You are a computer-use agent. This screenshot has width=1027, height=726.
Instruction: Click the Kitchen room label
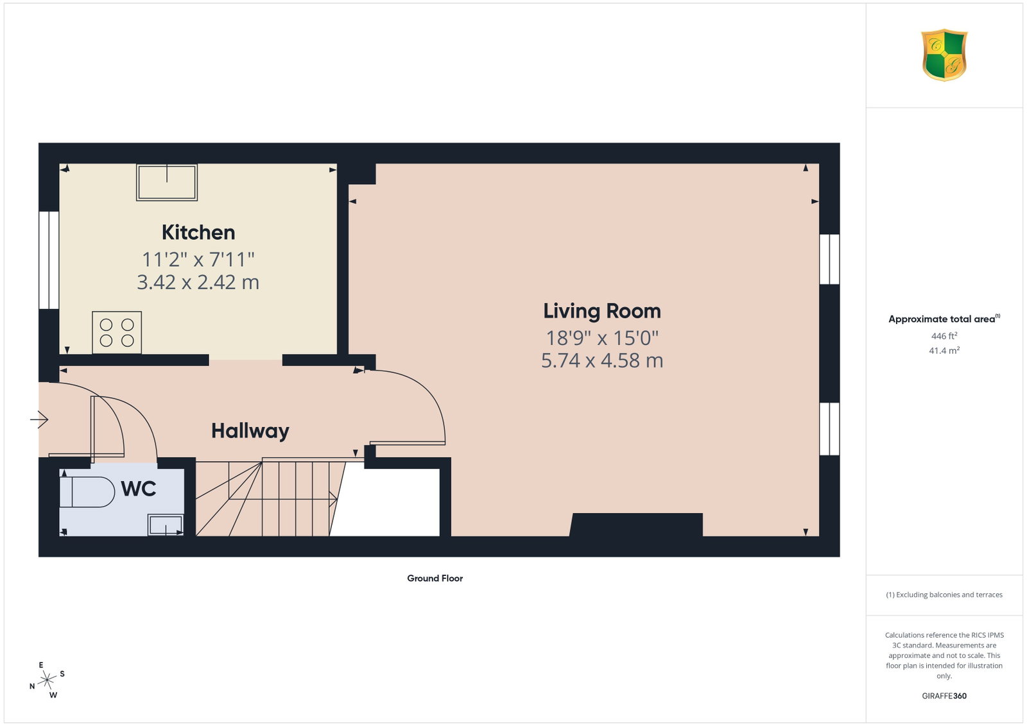[198, 232]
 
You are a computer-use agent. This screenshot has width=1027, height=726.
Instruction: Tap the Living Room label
[602, 311]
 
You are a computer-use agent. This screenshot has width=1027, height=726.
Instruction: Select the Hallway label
[250, 431]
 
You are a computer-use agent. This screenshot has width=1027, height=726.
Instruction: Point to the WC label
[139, 489]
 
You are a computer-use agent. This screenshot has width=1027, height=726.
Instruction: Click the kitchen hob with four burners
[117, 333]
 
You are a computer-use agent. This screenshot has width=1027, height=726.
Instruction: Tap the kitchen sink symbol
[167, 182]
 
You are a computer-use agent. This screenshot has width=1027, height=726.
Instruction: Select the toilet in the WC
[87, 492]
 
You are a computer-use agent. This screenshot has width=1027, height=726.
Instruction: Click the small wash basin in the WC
[166, 525]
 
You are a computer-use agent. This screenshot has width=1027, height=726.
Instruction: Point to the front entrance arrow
[39, 419]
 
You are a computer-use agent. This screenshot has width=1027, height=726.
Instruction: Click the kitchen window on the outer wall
[49, 260]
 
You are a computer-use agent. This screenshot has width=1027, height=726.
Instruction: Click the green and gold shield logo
[944, 55]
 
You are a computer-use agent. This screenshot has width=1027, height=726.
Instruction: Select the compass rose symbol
[47, 680]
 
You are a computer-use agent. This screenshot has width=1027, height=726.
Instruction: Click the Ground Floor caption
[435, 578]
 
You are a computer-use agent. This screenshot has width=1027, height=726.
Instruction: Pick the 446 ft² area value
[944, 336]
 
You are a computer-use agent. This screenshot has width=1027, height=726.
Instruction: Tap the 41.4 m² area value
[944, 350]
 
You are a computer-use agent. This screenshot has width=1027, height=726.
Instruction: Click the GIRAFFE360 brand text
[944, 696]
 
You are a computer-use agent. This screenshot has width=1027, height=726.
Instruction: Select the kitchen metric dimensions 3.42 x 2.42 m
[198, 282]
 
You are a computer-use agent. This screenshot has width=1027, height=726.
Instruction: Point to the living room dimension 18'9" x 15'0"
[602, 339]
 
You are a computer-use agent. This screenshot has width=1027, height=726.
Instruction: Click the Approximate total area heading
[944, 319]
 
